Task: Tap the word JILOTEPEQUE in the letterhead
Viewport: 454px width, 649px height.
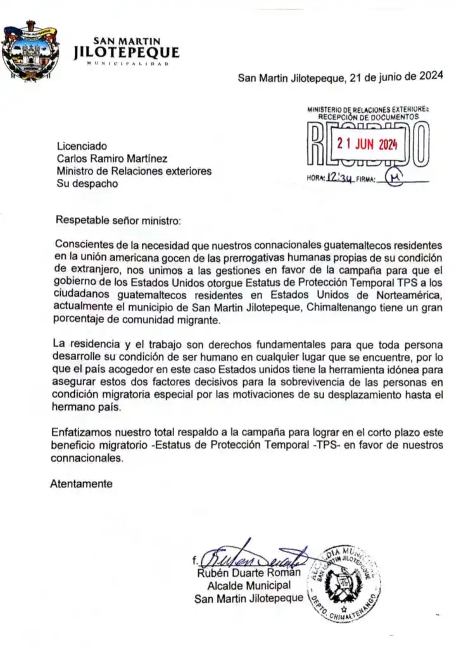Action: pos(127,53)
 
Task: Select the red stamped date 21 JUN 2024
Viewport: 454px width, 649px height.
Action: pos(367,144)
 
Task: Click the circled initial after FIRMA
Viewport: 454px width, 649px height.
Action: pos(396,178)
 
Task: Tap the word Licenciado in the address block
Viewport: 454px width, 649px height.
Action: pos(82,146)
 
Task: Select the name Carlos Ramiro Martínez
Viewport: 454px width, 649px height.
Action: pos(112,158)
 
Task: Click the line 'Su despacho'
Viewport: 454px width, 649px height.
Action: pos(87,184)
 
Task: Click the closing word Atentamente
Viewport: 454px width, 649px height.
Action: pos(81,484)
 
